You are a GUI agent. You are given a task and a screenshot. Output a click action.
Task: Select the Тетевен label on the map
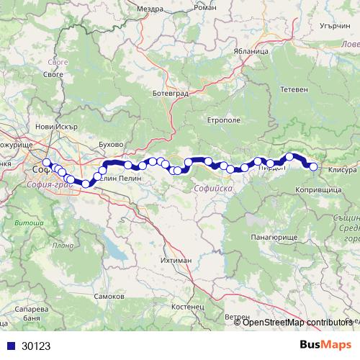tap(294, 89)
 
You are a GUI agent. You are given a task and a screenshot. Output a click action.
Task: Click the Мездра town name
tap(148, 9)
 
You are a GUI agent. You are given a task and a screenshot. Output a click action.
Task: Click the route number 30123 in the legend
tap(36, 346)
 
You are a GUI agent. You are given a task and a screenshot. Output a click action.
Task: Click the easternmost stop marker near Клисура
tap(314, 166)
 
